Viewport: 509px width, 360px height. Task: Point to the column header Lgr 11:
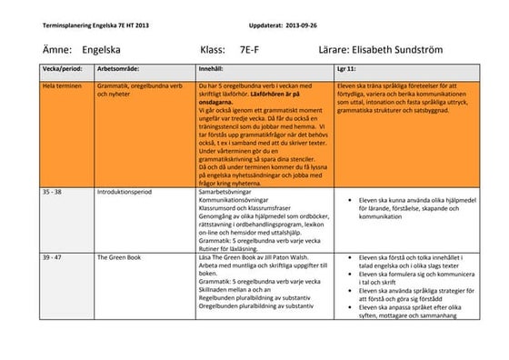[x=346, y=68]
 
